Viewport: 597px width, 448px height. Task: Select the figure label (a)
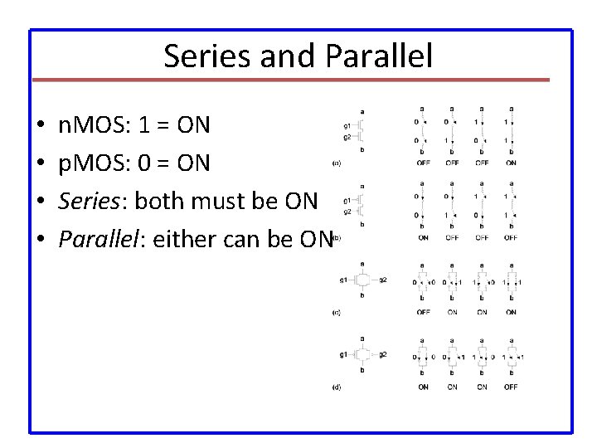tap(336, 163)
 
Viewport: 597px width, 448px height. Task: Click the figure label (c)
tap(336, 312)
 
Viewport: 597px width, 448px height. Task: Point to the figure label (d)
tap(336, 387)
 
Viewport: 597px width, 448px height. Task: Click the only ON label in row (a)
tap(511, 163)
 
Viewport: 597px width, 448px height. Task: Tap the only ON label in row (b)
tap(424, 237)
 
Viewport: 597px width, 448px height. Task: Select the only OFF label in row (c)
tap(424, 312)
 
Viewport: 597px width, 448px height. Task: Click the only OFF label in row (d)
tap(511, 387)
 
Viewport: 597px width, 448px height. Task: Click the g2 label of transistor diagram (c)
tap(382, 280)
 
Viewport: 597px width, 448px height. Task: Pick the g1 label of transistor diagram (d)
tap(343, 355)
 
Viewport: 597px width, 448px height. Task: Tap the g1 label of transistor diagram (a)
tap(347, 125)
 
